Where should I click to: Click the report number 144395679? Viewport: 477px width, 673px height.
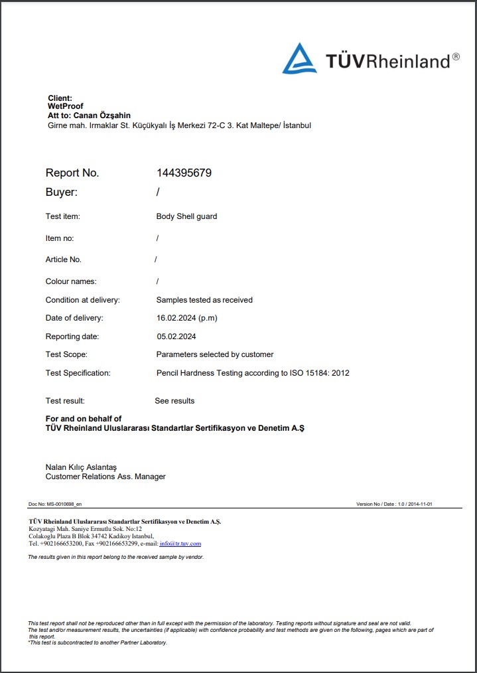184,173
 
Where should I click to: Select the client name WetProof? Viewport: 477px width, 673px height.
66,106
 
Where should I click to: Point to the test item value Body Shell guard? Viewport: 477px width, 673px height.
186,216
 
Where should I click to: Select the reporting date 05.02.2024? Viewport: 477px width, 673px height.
176,336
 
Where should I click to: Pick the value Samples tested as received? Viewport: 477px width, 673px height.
204,300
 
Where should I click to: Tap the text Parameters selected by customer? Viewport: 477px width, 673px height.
215,354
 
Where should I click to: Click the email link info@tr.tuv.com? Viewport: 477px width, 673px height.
180,544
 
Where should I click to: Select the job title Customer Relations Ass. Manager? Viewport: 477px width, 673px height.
105,477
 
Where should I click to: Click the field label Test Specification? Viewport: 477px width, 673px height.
78,373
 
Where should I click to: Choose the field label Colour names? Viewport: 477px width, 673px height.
71,281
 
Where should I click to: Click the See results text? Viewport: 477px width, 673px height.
174,401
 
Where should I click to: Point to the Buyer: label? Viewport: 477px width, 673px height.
62,192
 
